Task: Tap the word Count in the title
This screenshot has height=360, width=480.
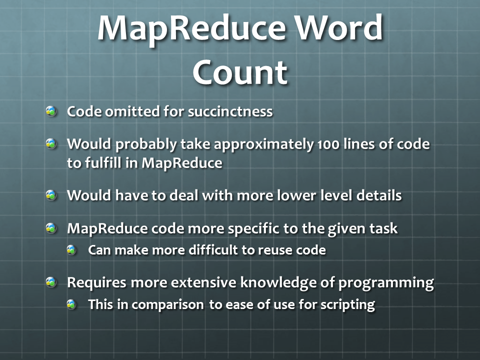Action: point(240,72)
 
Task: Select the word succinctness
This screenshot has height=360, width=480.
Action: point(230,111)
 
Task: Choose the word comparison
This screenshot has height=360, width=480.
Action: point(168,305)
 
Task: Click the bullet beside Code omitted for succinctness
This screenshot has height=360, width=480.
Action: point(51,111)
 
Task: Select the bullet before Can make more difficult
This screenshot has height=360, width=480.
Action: point(71,250)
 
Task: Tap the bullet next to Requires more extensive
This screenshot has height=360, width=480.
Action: point(51,282)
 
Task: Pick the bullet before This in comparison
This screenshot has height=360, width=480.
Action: point(71,304)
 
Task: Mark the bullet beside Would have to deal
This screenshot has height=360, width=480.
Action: point(51,195)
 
